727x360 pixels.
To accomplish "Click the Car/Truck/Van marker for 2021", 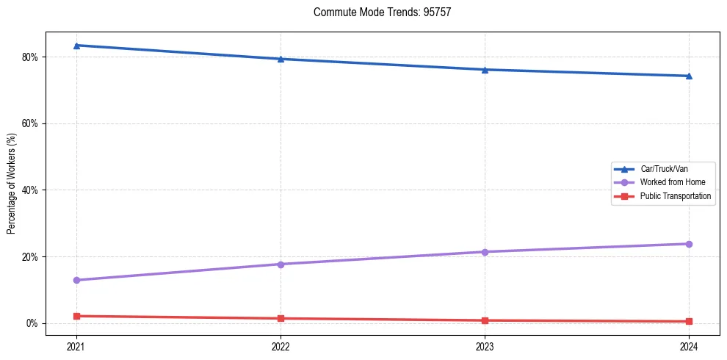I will point(76,46).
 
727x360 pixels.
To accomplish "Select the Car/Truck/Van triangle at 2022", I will point(281,59).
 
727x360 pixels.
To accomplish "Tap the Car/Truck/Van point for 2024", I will point(689,76).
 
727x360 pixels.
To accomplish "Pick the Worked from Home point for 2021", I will point(76,280).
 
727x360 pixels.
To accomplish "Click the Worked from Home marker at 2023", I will point(485,252).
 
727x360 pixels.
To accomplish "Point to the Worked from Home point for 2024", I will point(689,244).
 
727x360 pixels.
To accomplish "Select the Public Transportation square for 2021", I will point(76,316).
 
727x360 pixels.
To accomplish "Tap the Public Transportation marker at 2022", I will point(281,318).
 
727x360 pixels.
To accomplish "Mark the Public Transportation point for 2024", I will point(689,321).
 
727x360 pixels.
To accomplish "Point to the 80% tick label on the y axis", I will point(30,57).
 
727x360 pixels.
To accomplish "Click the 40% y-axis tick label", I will point(30,190).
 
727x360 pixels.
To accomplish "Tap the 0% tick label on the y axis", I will point(32,323).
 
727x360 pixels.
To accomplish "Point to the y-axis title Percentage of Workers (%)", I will point(12,184).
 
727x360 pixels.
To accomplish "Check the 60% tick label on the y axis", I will point(30,123).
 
